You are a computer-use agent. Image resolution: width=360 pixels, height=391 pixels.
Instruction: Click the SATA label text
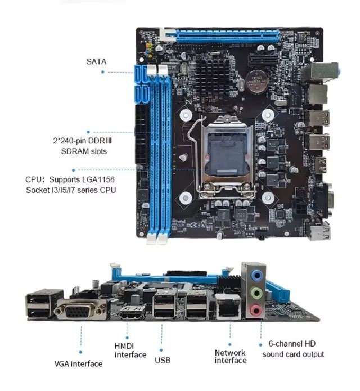(x=96, y=61)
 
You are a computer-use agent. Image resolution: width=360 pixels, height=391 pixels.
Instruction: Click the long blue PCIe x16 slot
(x=227, y=35)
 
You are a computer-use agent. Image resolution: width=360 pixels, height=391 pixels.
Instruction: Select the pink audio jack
(x=256, y=310)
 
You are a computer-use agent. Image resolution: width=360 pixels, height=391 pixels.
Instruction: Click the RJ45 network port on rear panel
(x=228, y=307)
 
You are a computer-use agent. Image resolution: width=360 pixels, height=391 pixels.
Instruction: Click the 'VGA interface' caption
(x=78, y=363)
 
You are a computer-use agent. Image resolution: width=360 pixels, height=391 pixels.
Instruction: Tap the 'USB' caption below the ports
(x=163, y=360)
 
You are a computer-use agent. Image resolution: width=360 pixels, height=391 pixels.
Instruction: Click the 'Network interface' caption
(x=230, y=357)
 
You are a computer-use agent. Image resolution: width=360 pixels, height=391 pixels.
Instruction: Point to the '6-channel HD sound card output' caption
(x=293, y=349)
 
